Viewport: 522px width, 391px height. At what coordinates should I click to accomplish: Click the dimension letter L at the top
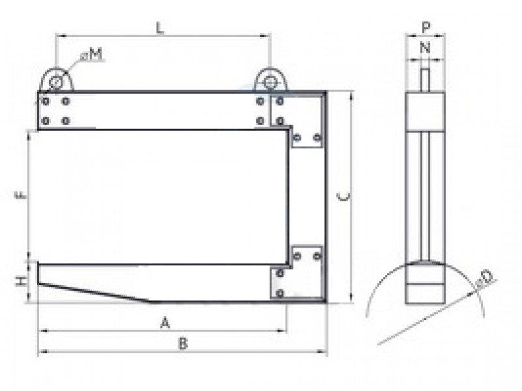pyautogui.click(x=160, y=28)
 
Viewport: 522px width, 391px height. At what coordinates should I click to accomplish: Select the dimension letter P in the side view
pyautogui.click(x=426, y=27)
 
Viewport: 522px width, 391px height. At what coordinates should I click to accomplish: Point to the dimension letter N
pyautogui.click(x=425, y=48)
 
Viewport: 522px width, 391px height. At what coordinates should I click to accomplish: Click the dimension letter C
pyautogui.click(x=344, y=197)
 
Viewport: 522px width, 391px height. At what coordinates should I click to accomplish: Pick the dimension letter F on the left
pyautogui.click(x=21, y=194)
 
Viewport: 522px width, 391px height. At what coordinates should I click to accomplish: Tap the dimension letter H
pyautogui.click(x=21, y=282)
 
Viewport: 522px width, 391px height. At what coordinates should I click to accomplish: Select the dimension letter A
pyautogui.click(x=165, y=323)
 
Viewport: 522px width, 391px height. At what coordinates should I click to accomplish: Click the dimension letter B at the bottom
pyautogui.click(x=183, y=343)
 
